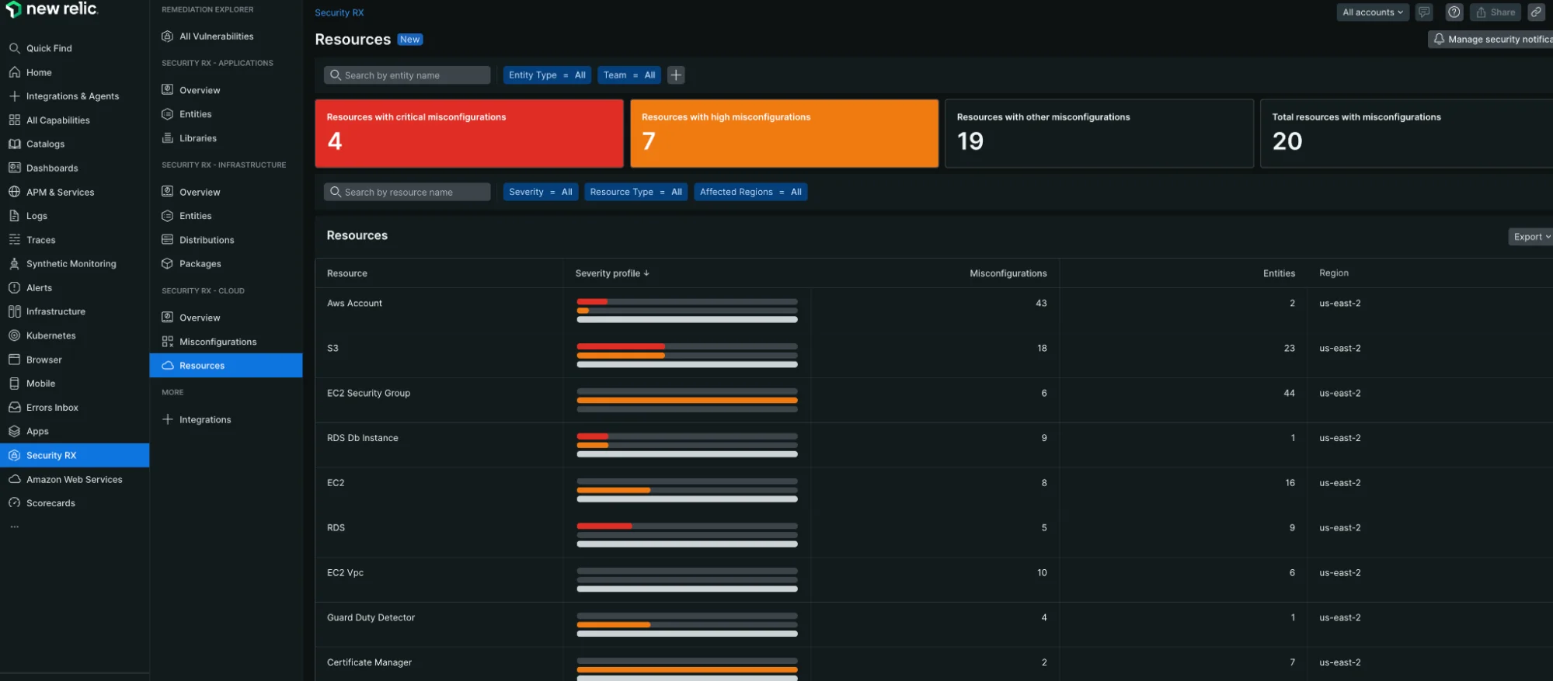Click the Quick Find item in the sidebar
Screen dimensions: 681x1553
[48, 48]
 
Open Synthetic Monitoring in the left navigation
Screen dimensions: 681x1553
[71, 264]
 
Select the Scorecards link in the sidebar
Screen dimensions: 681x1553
[50, 503]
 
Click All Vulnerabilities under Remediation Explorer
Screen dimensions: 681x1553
[216, 36]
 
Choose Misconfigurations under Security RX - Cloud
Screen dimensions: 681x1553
[218, 342]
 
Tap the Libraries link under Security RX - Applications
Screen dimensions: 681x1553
[197, 138]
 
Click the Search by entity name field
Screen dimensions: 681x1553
[407, 75]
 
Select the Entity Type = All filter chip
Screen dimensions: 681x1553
[547, 75]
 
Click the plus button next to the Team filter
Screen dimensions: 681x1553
[676, 75]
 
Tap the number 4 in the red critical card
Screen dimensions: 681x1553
[335, 141]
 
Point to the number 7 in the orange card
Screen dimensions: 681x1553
[649, 141]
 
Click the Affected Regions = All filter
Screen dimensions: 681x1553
[750, 192]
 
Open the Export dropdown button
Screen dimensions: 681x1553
[1530, 237]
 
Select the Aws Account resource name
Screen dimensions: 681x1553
[354, 304]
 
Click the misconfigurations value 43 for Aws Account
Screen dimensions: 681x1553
[1041, 304]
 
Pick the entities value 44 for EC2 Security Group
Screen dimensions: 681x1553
[1289, 394]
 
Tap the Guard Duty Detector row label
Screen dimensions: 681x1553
[371, 618]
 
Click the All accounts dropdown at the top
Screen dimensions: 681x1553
[1372, 12]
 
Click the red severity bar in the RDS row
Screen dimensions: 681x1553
[604, 526]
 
